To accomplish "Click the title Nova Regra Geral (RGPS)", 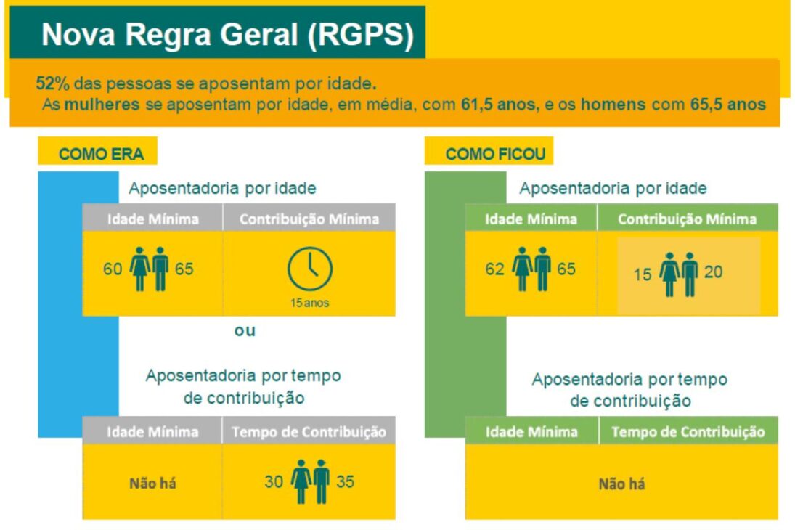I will coord(227,34).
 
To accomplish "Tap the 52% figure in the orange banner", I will coord(52,82).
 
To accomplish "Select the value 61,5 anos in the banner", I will coord(500,104).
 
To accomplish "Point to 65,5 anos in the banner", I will coord(728,104).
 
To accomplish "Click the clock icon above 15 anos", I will coord(310,270).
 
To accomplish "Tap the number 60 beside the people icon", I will coord(113,269).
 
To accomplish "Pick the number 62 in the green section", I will coord(494,269).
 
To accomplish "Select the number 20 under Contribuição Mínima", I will coord(713,274).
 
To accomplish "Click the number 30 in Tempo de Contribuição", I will coord(273,481).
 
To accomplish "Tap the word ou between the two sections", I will coord(245,331).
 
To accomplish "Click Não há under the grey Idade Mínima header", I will coord(152,483).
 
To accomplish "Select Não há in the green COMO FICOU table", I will coord(621,484).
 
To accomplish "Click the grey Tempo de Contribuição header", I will coord(309,432).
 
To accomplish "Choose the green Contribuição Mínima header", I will coord(687,219).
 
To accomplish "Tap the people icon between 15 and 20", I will coord(679,274).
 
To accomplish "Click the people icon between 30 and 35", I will coord(310,481).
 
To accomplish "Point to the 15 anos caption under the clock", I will coord(310,303).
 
